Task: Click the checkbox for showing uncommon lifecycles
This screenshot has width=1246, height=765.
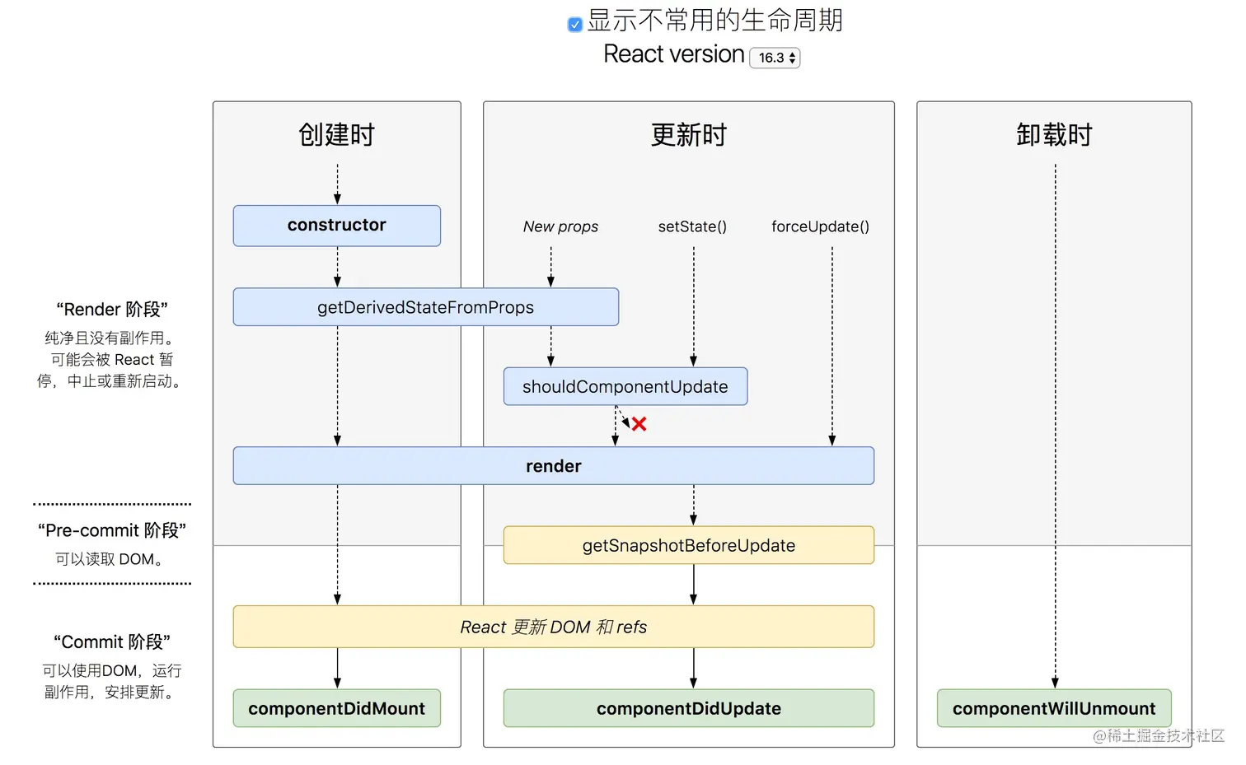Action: [x=575, y=25]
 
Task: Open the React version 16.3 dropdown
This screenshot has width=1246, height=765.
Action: [x=775, y=58]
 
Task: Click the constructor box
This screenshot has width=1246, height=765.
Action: [x=336, y=226]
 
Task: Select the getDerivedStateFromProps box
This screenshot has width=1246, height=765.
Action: [x=425, y=307]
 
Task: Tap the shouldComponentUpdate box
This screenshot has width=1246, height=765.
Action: [x=625, y=386]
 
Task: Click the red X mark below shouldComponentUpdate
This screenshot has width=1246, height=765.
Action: [x=639, y=424]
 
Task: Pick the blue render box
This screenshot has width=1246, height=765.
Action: [x=553, y=466]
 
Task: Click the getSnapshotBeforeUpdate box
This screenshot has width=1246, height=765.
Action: [x=688, y=545]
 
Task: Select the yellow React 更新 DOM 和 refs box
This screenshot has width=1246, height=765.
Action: [x=553, y=627]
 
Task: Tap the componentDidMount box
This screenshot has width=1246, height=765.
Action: [x=336, y=708]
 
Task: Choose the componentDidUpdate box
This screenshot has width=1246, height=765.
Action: [x=688, y=708]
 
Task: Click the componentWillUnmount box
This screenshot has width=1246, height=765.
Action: [x=1053, y=708]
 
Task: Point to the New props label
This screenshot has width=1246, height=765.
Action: [x=560, y=226]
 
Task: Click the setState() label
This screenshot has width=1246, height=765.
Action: [x=692, y=226]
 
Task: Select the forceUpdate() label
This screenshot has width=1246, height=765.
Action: [x=820, y=226]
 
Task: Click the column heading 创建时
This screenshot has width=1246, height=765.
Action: [x=336, y=134]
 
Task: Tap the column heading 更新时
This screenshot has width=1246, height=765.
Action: [x=688, y=134]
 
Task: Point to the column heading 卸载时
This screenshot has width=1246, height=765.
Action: [x=1053, y=134]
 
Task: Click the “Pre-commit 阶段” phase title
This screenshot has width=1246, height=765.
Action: [x=112, y=530]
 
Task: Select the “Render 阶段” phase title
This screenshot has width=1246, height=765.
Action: [x=112, y=310]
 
